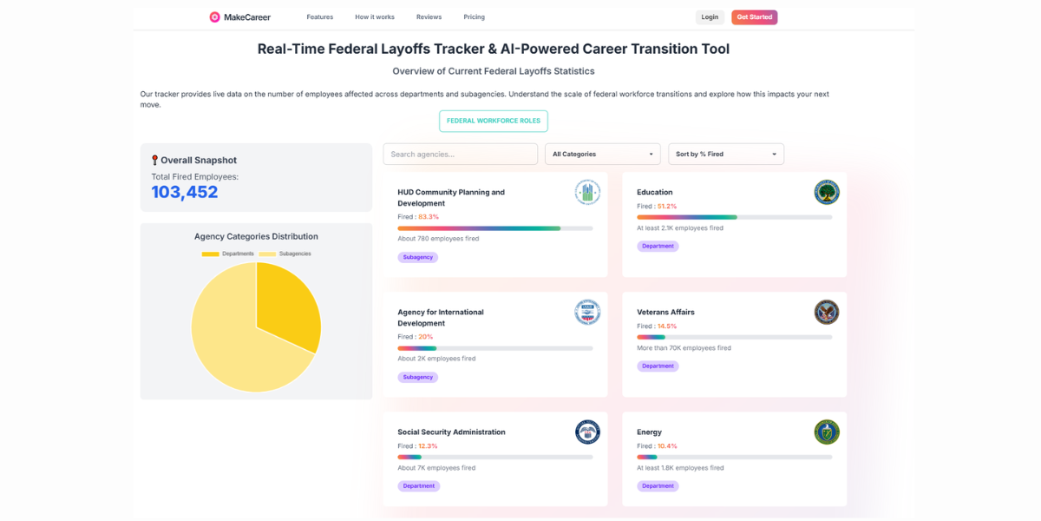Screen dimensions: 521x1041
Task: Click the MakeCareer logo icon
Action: pos(214,17)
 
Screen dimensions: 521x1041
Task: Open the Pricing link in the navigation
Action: pos(474,17)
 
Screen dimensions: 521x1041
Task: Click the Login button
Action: pos(710,17)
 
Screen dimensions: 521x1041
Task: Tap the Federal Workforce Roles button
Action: pos(493,121)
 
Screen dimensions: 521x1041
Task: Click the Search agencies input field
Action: pos(460,154)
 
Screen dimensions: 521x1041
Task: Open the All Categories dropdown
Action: pos(602,154)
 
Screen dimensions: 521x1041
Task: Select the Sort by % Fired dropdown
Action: pos(724,154)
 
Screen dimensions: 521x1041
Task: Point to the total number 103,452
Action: pos(185,192)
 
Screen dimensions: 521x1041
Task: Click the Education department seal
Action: pos(826,192)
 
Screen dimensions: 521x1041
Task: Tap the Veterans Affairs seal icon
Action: pos(826,312)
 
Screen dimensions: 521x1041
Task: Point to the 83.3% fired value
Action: pos(429,217)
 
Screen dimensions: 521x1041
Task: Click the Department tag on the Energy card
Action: pos(658,486)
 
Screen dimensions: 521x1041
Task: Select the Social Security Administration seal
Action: pos(587,432)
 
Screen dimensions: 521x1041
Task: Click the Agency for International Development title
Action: pos(441,317)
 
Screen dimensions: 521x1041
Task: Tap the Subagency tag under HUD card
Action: pos(418,257)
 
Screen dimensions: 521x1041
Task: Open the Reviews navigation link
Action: pos(429,17)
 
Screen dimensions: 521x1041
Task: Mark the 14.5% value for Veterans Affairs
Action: pos(667,326)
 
